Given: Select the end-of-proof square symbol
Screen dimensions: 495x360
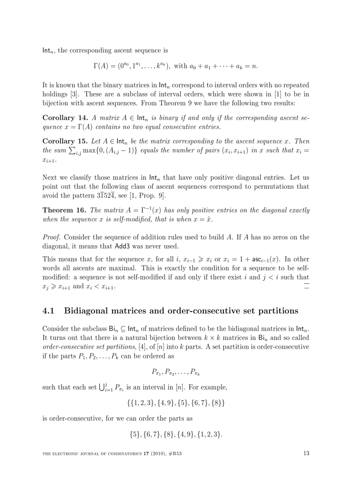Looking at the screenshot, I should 307,287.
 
